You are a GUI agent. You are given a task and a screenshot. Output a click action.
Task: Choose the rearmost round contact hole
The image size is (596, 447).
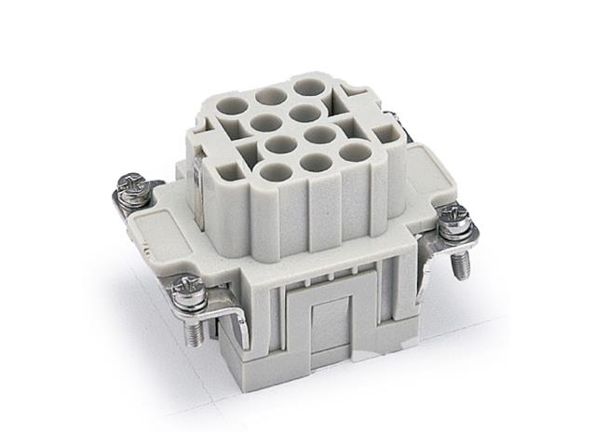point(305,88)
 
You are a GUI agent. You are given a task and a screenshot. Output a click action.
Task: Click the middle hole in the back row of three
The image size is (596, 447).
point(271,96)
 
